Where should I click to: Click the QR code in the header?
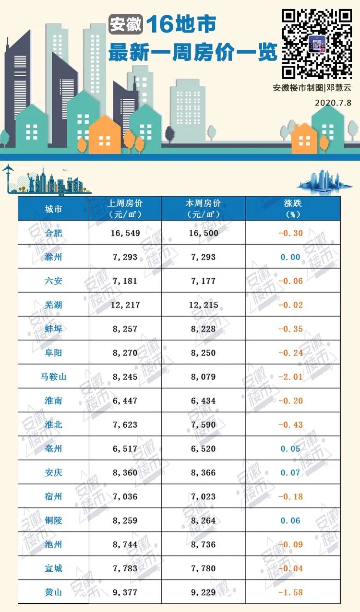[x=316, y=43]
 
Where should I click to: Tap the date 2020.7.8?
[x=333, y=103]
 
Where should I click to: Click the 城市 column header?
[x=53, y=209]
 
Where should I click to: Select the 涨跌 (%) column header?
[x=293, y=209]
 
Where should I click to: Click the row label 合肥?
[x=53, y=233]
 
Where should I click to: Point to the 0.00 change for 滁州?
[x=291, y=257]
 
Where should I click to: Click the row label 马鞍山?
[x=53, y=377]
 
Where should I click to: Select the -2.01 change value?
[x=291, y=377]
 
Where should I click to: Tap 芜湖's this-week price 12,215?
[x=204, y=305]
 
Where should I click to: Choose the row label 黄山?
[x=53, y=592]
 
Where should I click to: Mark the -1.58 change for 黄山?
[x=291, y=592]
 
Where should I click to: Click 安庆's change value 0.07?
[x=291, y=473]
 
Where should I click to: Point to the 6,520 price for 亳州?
[x=204, y=449]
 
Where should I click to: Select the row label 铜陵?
[x=53, y=520]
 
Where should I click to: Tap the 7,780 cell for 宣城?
[x=204, y=568]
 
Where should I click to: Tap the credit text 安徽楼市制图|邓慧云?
[x=312, y=88]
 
